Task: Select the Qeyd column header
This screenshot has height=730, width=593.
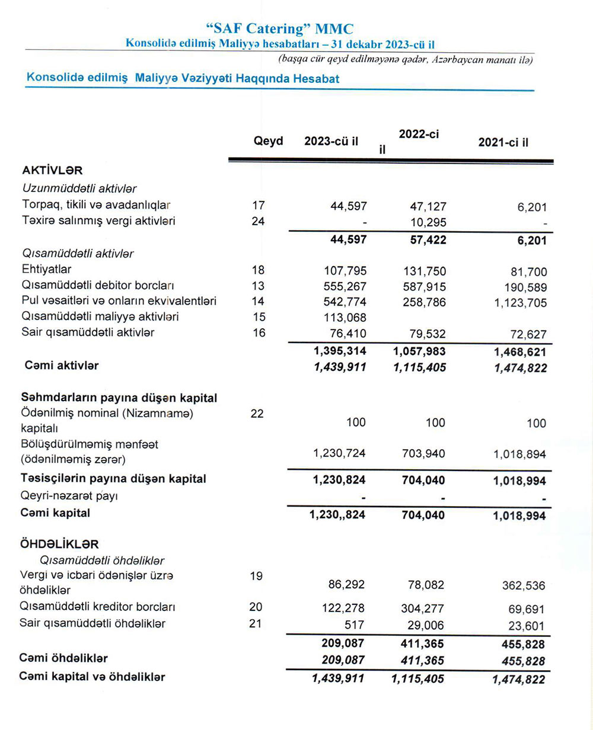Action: [x=268, y=141]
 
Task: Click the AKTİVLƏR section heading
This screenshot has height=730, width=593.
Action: [x=52, y=171]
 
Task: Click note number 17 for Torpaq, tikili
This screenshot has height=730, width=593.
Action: [x=259, y=206]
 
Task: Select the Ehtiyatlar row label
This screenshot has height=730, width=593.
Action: [x=46, y=270]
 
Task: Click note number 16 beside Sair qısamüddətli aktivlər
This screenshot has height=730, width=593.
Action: [x=259, y=332]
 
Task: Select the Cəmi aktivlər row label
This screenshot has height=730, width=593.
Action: [x=62, y=366]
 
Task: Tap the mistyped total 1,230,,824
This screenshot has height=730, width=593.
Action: [x=337, y=515]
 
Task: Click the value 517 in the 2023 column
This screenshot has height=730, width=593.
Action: [x=356, y=624]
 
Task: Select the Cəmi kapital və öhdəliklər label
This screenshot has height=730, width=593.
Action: [x=92, y=676]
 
